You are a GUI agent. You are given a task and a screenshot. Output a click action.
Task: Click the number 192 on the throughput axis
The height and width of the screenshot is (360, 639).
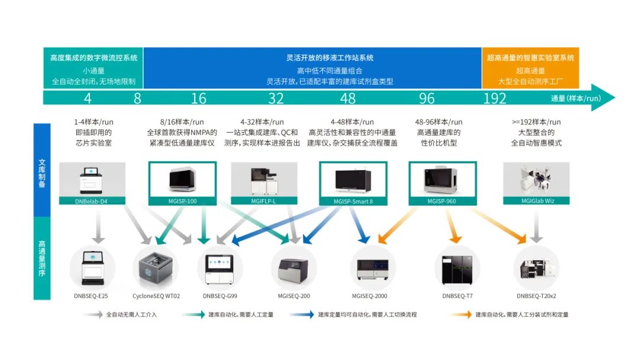point(495,98)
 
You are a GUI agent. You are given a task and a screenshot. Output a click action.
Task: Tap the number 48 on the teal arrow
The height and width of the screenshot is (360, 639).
point(348,98)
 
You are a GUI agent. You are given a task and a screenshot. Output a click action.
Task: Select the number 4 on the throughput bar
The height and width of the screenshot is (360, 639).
point(88,98)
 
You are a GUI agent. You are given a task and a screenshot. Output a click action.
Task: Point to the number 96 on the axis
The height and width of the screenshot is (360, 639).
point(427,98)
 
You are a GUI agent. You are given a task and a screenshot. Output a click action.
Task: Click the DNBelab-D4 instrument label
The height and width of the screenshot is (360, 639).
point(92,201)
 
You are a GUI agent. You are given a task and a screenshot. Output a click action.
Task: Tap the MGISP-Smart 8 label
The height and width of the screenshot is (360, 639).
point(353,201)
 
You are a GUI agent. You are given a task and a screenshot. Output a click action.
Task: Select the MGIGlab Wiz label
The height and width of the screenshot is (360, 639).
point(536,201)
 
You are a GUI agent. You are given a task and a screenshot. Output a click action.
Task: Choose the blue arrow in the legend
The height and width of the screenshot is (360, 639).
point(302,314)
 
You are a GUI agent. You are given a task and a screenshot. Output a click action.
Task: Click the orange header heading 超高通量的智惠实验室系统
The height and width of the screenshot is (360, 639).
point(530,58)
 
